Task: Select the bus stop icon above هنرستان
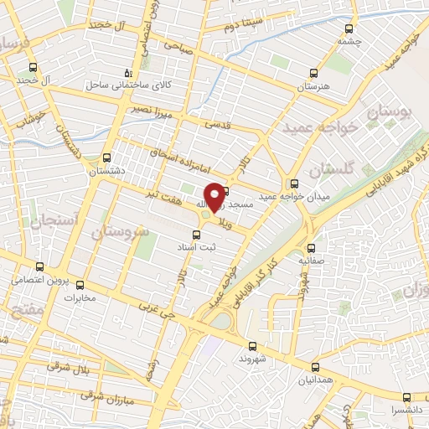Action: coord(313,73)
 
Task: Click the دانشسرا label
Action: coord(406,411)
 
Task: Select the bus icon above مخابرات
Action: coord(80,283)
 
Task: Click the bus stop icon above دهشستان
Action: coord(106,157)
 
